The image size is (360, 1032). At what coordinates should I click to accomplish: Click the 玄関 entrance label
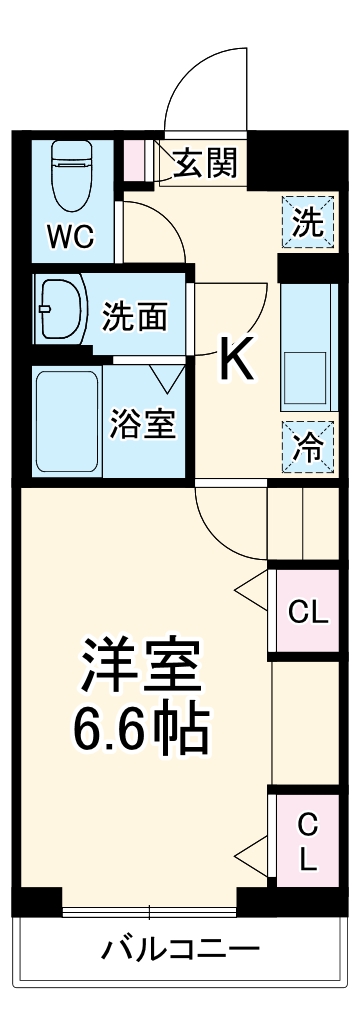click(206, 162)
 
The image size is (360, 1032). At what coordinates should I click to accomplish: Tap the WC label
click(71, 237)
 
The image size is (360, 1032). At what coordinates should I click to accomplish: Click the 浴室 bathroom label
click(143, 424)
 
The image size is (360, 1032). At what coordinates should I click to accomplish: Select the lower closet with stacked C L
click(307, 843)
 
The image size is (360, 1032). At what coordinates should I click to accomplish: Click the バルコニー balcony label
click(180, 948)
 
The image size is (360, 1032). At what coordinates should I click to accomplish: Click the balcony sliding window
click(150, 911)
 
